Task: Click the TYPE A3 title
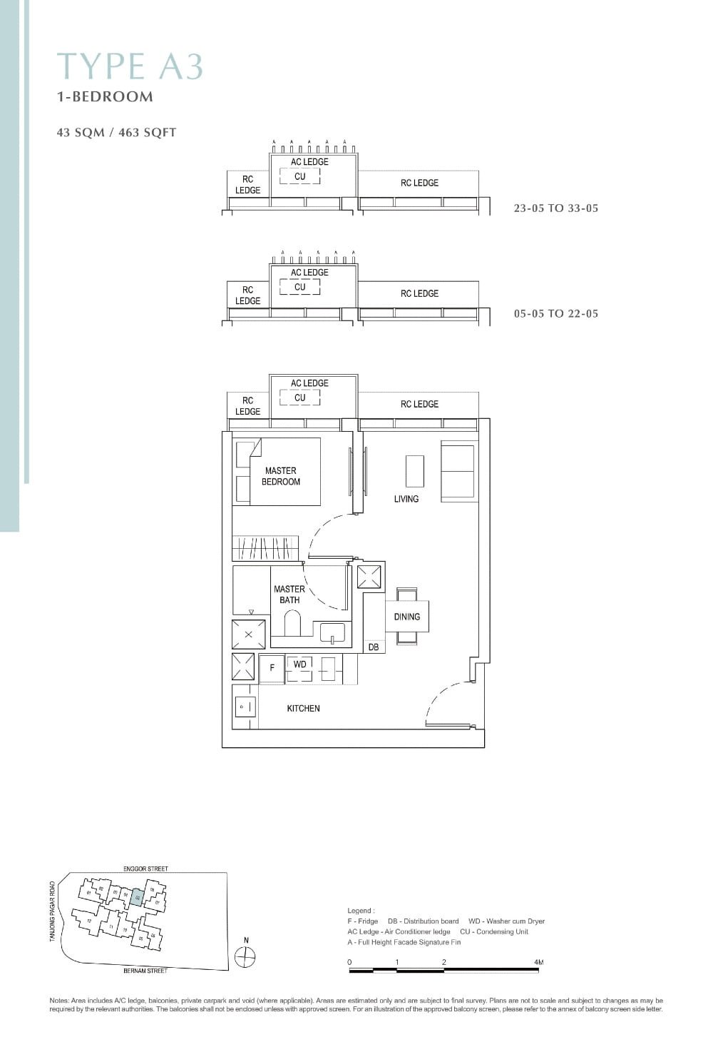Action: (130, 66)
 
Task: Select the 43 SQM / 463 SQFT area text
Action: (116, 132)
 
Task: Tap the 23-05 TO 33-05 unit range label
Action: (555, 208)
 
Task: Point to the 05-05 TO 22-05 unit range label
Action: (555, 313)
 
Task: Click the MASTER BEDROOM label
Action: (280, 476)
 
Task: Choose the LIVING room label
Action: (406, 499)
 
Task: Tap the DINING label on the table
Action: (406, 617)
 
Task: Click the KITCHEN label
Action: (303, 708)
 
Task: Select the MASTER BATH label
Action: (289, 595)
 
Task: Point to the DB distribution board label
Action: (374, 647)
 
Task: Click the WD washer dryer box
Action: (299, 665)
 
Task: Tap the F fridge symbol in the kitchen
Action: (272, 669)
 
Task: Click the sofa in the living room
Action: (458, 470)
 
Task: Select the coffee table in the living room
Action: (414, 471)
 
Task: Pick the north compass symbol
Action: (245, 957)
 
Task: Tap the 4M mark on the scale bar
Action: (538, 962)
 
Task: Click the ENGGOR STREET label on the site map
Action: (145, 869)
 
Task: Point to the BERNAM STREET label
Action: (145, 971)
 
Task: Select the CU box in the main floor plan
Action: (299, 398)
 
